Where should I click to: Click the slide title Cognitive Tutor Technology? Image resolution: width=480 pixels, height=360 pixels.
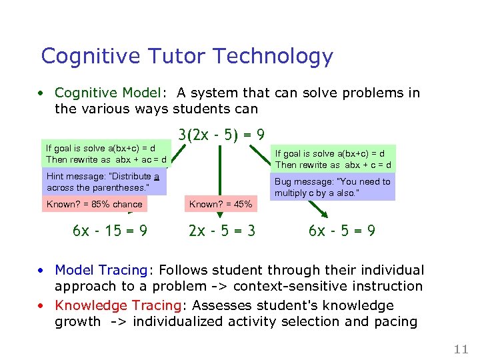tap(187, 56)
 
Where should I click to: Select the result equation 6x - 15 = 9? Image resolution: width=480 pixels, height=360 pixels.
tap(110, 231)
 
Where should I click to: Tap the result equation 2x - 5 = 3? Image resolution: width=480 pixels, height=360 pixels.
tap(221, 231)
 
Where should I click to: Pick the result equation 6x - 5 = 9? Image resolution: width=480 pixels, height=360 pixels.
tap(341, 231)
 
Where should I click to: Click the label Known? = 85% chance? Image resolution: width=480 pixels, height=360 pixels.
tap(94, 204)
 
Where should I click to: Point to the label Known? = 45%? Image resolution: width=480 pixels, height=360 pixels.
tap(221, 204)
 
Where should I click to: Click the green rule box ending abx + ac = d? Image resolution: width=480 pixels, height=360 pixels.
tap(104, 154)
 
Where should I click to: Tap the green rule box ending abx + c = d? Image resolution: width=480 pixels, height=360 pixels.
tap(333, 159)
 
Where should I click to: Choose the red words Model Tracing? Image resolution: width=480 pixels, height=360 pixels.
tap(101, 270)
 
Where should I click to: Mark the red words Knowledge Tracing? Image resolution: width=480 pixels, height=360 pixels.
tap(119, 305)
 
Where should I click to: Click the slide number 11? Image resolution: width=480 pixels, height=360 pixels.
tap(461, 349)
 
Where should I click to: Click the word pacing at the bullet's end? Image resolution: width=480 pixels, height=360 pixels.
tap(395, 322)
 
